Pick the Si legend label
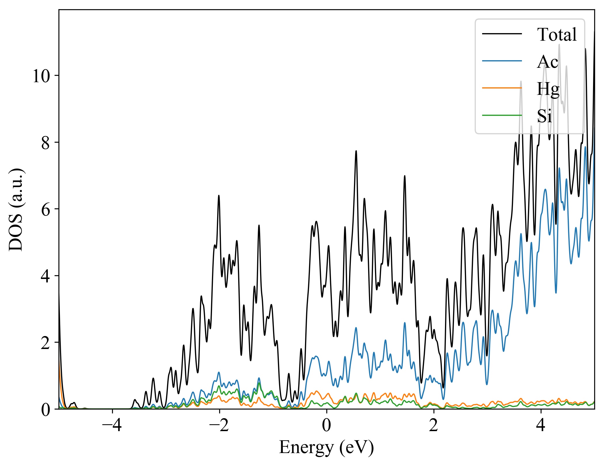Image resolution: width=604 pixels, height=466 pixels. point(544,116)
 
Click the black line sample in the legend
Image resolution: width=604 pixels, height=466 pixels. point(502,34)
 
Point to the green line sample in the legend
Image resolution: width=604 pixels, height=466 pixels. point(502,116)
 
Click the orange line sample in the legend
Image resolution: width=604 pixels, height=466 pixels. point(502,88)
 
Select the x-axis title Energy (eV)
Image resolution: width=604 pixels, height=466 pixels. point(326,448)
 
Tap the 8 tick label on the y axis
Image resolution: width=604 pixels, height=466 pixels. point(46,143)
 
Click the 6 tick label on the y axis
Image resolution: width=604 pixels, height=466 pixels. point(46,210)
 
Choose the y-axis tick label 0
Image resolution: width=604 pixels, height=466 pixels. point(46,410)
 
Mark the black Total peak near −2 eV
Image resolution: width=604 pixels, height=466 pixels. point(219,196)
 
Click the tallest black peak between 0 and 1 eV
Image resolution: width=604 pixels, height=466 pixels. point(356,151)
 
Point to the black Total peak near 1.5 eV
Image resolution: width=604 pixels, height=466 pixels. point(405,176)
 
